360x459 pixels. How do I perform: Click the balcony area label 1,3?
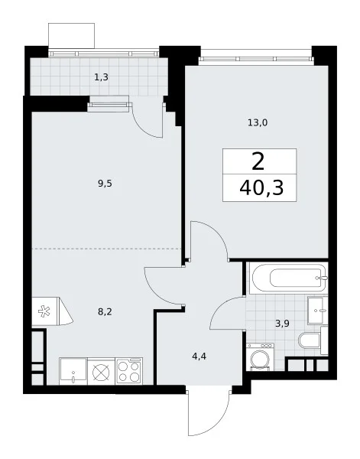(101, 77)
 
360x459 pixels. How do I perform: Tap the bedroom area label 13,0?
(258, 122)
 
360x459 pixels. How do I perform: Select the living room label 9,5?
(105, 184)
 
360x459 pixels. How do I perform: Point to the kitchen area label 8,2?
(105, 312)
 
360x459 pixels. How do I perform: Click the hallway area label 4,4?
(199, 356)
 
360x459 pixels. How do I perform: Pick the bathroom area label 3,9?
(282, 324)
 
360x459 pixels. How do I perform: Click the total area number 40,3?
(261, 187)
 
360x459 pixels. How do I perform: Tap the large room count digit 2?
(258, 161)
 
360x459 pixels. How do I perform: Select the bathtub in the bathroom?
(288, 278)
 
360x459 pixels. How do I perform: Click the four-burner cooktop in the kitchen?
(129, 371)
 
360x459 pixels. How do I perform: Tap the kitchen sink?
(73, 371)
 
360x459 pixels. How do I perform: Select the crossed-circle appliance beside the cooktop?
(101, 372)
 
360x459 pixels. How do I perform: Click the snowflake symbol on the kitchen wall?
(44, 311)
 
